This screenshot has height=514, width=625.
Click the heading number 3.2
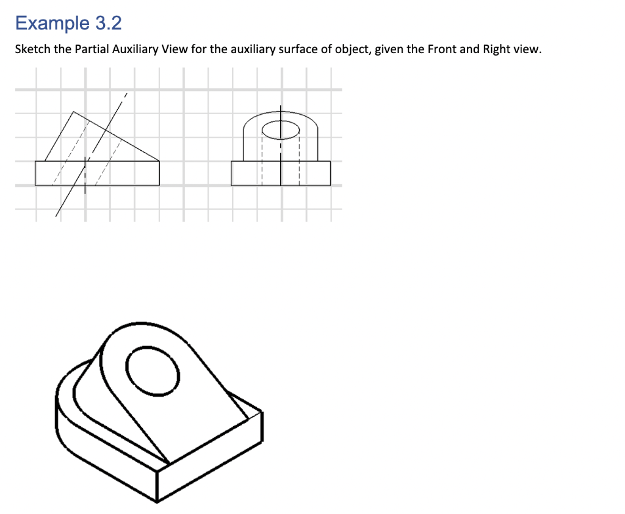pyautogui.click(x=108, y=23)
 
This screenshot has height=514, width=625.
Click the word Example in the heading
pyautogui.click(x=52, y=23)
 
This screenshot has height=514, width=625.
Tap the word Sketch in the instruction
pyautogui.click(x=32, y=49)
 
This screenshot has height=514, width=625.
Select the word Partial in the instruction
pyautogui.click(x=92, y=49)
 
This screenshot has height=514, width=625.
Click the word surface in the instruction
pyautogui.click(x=298, y=49)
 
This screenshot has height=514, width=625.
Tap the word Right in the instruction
pyautogui.click(x=496, y=49)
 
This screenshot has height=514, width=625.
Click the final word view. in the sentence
pyautogui.click(x=527, y=49)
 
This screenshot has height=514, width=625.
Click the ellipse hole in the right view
pyautogui.click(x=281, y=129)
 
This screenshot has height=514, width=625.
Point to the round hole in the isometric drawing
pyautogui.click(x=153, y=371)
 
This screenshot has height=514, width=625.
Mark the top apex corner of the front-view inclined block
pyautogui.click(x=73, y=112)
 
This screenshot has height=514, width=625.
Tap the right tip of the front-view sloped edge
pyautogui.click(x=159, y=161)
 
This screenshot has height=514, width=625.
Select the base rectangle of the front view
pyautogui.click(x=97, y=173)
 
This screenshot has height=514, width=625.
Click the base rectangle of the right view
pyautogui.click(x=281, y=173)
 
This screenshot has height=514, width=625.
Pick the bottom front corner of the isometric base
pyautogui.click(x=157, y=502)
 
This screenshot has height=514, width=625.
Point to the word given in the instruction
pyautogui.click(x=389, y=49)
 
